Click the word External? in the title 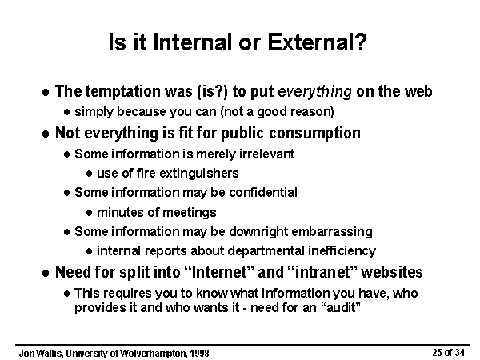point(317,42)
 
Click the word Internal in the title point(193,42)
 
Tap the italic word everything point(314,92)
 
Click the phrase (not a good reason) point(277,112)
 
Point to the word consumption point(314,134)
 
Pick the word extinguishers point(199,174)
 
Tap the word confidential point(263,193)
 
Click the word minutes point(120,212)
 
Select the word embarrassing point(332,232)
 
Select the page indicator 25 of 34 point(449,353)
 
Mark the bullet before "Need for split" point(46,273)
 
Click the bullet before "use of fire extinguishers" point(90,174)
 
